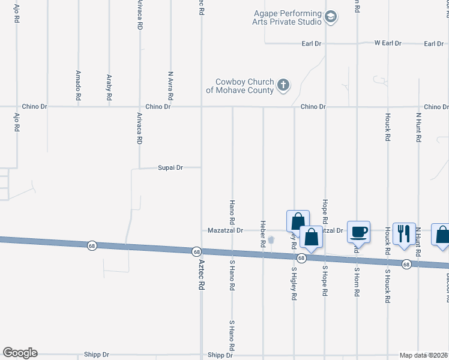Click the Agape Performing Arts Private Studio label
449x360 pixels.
[287, 17]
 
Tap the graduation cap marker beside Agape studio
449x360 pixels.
[330, 17]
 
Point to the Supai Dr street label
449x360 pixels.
[170, 168]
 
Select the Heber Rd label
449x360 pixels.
[263, 234]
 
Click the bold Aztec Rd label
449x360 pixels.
[202, 275]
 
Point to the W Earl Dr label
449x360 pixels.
[388, 43]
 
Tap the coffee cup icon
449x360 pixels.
[359, 231]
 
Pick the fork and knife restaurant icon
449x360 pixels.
[404, 232]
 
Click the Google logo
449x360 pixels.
[20, 353]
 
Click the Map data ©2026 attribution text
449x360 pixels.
[423, 355]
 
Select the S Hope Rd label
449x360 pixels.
[325, 280]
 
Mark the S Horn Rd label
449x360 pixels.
[357, 280]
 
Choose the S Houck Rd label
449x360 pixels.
[388, 280]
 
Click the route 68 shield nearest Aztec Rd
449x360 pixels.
[196, 251]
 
